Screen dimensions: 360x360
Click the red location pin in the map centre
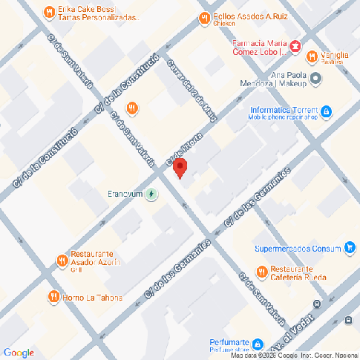point(179,168)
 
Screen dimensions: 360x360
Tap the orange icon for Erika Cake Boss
point(49,11)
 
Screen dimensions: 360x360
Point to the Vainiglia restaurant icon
point(312,54)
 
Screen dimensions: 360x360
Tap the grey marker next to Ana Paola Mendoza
point(316,78)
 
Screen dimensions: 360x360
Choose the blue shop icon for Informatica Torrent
point(326,112)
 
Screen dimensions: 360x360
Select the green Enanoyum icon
point(151,194)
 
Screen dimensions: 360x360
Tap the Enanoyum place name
point(124,194)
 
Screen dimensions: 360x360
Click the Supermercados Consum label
point(297,248)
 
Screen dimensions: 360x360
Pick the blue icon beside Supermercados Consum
point(350,247)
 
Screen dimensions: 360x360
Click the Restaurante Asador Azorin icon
point(61,260)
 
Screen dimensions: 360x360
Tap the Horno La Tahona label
point(96,298)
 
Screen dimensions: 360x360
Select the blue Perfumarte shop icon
point(258,344)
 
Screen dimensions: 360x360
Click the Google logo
point(19,353)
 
